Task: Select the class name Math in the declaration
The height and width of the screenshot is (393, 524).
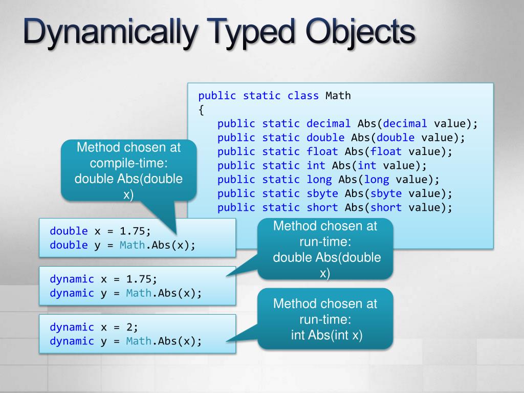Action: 338,96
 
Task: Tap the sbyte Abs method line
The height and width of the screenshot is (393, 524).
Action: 335,193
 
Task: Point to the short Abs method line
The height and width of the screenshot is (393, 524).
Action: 335,207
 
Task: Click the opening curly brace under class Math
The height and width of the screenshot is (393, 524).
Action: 201,110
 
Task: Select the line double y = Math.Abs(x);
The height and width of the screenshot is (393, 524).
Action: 122,245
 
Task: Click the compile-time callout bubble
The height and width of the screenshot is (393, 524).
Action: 128,171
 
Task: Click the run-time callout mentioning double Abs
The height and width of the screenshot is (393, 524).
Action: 325,249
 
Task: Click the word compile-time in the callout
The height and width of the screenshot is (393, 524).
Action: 128,163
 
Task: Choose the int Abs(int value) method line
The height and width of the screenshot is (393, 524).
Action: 322,165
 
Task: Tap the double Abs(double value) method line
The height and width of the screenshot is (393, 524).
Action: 341,138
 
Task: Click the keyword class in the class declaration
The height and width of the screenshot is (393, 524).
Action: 303,96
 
